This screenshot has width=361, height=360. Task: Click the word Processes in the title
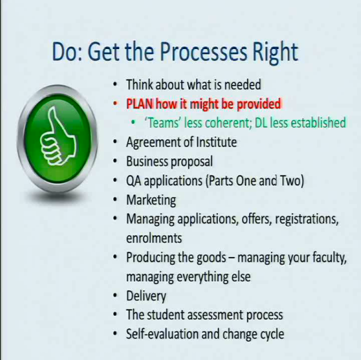coord(203,52)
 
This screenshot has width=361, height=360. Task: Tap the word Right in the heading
coord(275,53)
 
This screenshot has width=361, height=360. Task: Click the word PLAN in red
coord(140,104)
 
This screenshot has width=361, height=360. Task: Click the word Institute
coord(216,142)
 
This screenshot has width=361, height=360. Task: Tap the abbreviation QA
coord(133,180)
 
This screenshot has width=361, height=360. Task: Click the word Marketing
coord(151,200)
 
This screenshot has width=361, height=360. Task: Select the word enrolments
coord(154,238)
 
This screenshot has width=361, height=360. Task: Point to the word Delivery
coord(146,296)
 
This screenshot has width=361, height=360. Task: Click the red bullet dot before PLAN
coord(115,104)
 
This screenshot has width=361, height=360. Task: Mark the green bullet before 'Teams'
coord(133,122)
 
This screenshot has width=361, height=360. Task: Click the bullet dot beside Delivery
coord(115,296)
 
